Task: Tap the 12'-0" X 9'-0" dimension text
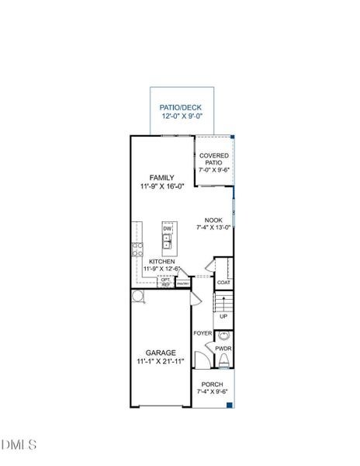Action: (x=179, y=116)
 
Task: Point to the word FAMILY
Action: (x=161, y=177)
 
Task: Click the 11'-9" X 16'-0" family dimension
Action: (x=161, y=187)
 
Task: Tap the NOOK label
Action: (x=214, y=220)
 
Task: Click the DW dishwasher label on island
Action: (x=167, y=228)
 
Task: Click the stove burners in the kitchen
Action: (x=137, y=249)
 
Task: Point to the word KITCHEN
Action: (x=161, y=262)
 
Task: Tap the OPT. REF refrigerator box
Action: (x=165, y=283)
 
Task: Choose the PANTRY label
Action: (x=183, y=284)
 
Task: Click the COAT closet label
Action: (x=223, y=283)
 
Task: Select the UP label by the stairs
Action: (x=223, y=316)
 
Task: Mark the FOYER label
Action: (x=202, y=333)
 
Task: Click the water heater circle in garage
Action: (x=137, y=297)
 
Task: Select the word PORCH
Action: (x=212, y=384)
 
